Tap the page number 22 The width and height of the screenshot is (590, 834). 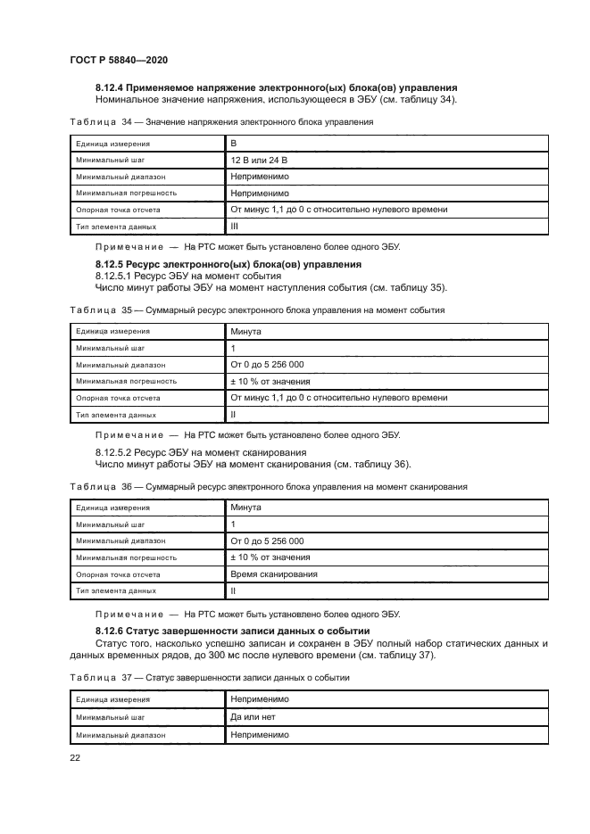[x=75, y=757]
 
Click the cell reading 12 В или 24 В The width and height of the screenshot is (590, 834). [x=260, y=160]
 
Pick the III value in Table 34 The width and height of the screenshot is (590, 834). [x=235, y=227]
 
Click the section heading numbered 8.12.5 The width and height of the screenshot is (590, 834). [x=228, y=265]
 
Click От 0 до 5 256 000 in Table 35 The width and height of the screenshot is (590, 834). [x=267, y=364]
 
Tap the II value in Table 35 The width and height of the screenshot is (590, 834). [x=233, y=414]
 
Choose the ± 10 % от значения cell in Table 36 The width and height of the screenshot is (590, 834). [x=265, y=557]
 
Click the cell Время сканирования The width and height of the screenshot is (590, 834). [x=273, y=574]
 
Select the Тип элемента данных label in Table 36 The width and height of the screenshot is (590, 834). [x=116, y=590]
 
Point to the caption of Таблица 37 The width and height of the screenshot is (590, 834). [x=209, y=677]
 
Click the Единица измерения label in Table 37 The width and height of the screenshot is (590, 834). [x=112, y=699]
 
